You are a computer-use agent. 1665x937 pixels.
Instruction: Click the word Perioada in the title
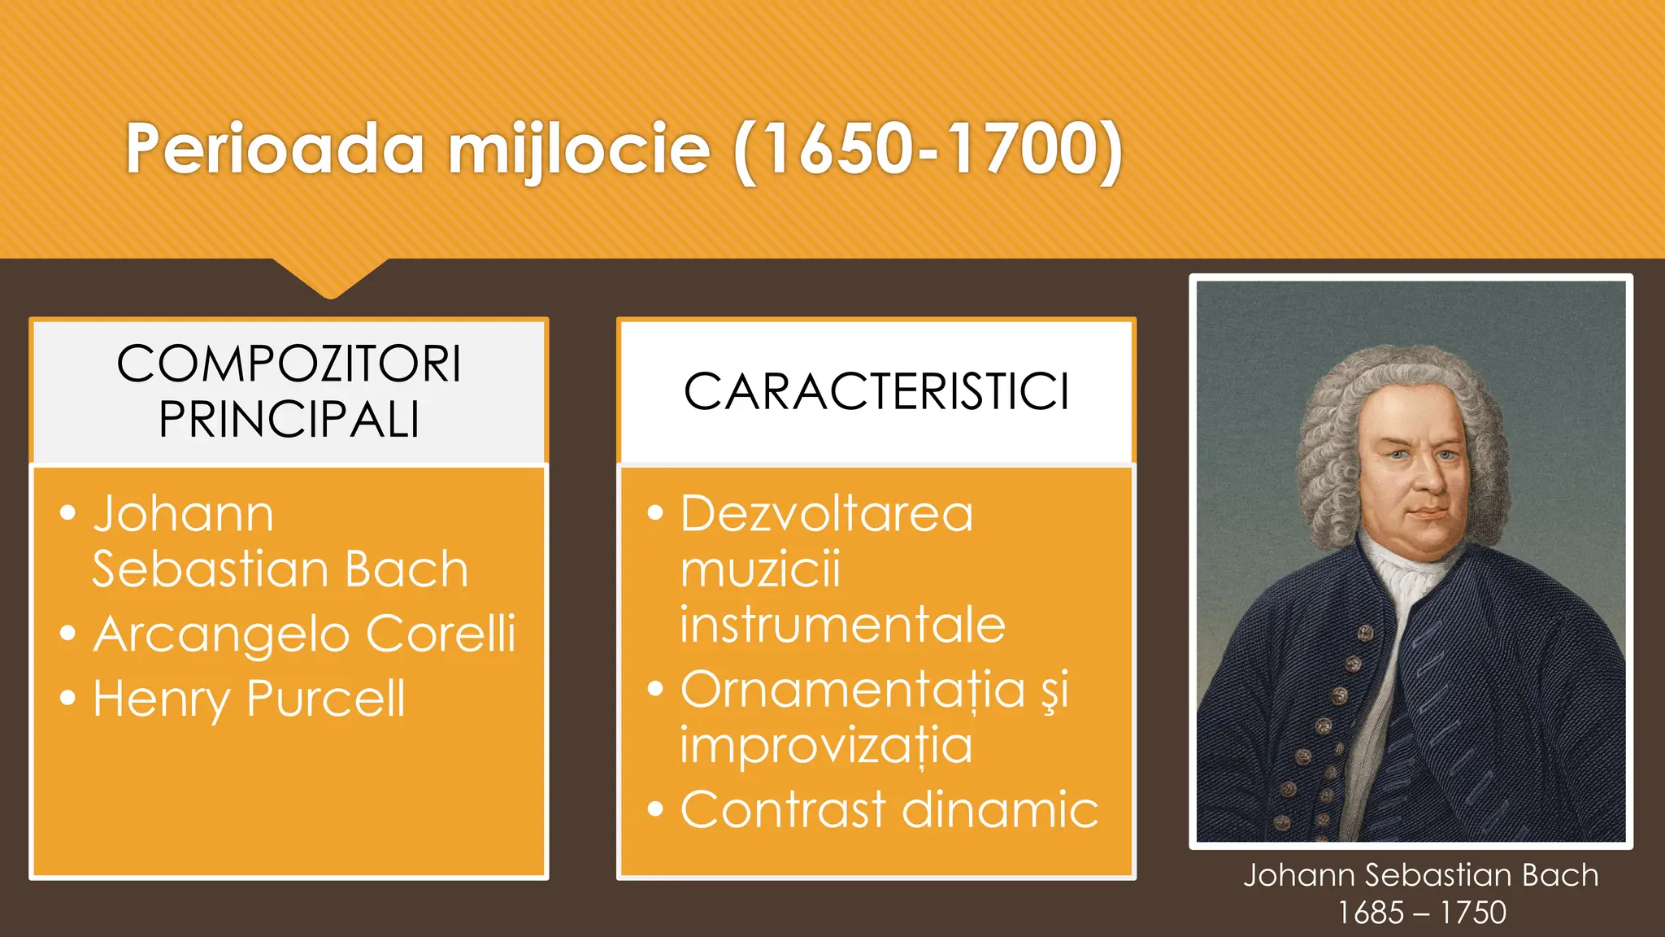pos(275,149)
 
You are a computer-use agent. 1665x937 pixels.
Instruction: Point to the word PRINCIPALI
pos(289,420)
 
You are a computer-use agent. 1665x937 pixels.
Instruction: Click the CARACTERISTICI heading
pos(876,392)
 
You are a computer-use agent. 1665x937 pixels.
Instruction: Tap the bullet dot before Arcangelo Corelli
pos(68,634)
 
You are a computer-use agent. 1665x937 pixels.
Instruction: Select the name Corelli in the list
pos(441,634)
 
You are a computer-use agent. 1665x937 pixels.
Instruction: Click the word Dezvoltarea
pos(827,514)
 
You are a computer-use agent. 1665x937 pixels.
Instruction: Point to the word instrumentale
pos(842,625)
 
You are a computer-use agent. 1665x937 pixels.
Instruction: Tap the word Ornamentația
pos(853,691)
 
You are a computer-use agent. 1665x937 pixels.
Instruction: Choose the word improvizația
pos(826,746)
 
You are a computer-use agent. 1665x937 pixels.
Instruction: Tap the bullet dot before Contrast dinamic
pos(655,810)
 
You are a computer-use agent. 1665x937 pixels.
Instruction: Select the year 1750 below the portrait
pos(1473,913)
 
